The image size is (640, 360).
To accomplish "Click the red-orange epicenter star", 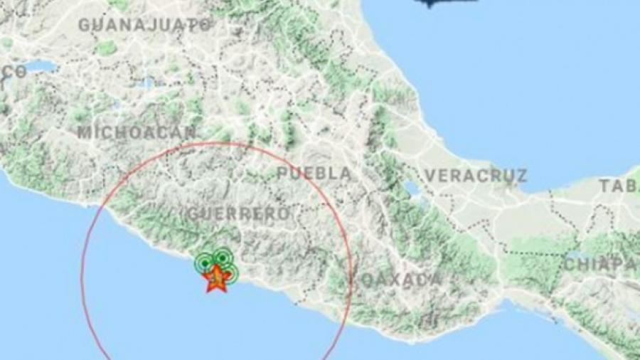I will [x=216, y=278].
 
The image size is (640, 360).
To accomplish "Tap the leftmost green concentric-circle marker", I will [x=205, y=263].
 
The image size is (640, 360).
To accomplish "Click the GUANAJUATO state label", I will [x=144, y=25].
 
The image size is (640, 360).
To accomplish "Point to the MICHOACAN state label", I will [x=136, y=132].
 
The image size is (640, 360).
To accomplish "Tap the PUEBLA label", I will [x=314, y=174].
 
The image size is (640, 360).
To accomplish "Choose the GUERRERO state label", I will [x=238, y=213].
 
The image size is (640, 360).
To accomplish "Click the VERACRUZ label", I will [x=476, y=175].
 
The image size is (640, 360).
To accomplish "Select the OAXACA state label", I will [x=400, y=280].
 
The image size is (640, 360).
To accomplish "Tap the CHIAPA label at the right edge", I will [x=600, y=264].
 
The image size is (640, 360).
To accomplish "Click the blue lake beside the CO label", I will [x=43, y=67].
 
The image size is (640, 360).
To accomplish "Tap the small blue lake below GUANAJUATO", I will [x=146, y=83].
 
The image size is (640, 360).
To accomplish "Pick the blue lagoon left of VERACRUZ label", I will [x=410, y=189].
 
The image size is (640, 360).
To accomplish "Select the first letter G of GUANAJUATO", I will [x=84, y=25].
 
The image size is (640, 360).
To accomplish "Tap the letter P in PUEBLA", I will [x=282, y=174].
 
